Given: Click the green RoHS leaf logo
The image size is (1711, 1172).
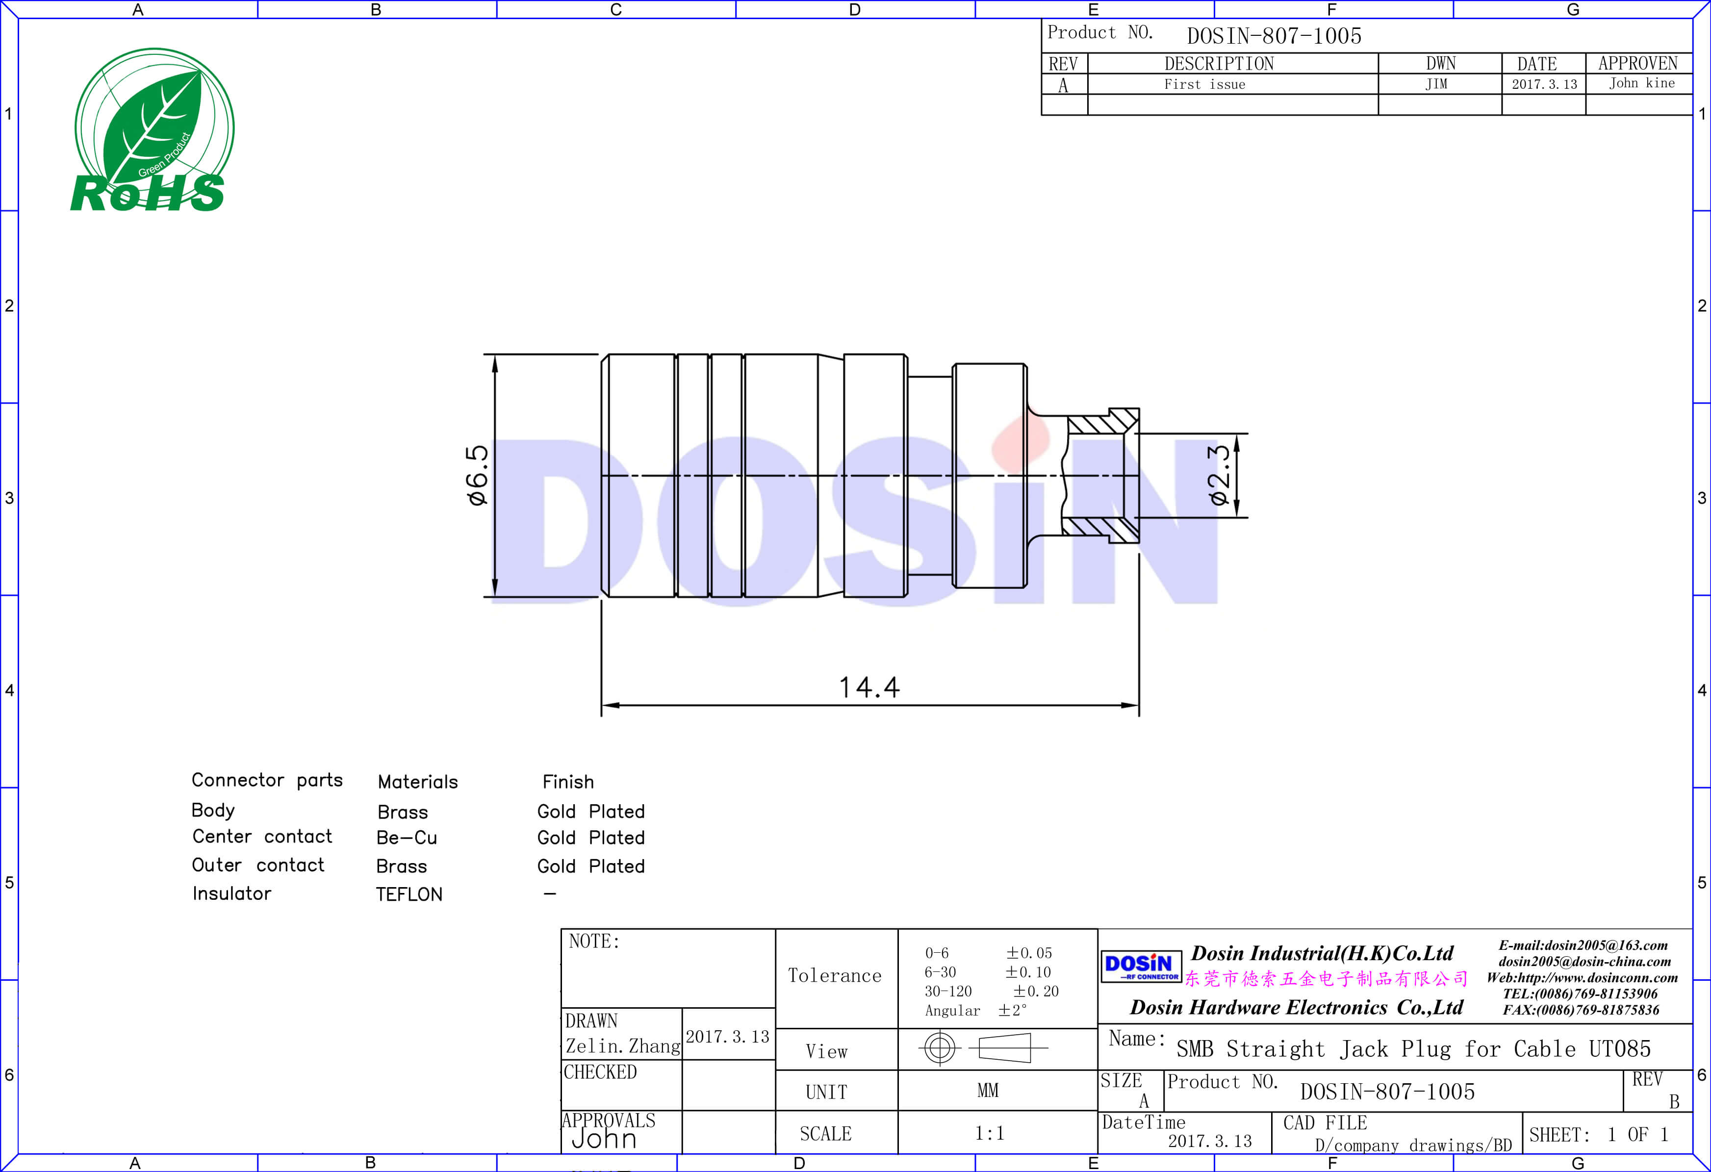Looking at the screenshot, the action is pos(153,130).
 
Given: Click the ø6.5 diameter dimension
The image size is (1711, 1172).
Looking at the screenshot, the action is pos(478,475).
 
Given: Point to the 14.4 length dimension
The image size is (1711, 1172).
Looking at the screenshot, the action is pos(869,688).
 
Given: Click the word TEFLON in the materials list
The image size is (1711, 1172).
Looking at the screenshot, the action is pos(409,894).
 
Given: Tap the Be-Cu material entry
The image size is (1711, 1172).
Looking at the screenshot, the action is pos(407,838).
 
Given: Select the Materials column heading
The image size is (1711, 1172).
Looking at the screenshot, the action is pos(417,782).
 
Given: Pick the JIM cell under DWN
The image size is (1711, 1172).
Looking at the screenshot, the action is pos(1436,84).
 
